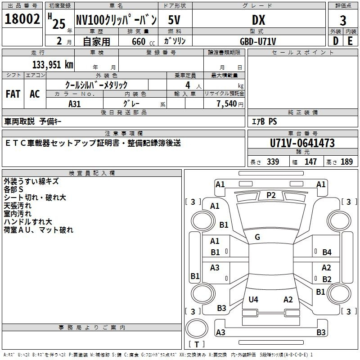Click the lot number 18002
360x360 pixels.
[x=22, y=19]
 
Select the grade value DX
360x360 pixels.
[x=258, y=20]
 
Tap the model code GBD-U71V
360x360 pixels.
[x=258, y=41]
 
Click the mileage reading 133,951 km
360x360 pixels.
[x=53, y=64]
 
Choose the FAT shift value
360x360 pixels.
[x=13, y=94]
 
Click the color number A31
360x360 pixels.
[x=74, y=104]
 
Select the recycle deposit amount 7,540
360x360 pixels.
[x=227, y=103]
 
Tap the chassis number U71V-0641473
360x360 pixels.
[x=302, y=143]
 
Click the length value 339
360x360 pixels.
[x=273, y=162]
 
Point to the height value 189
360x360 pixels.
[x=346, y=162]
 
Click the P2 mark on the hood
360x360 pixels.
[x=271, y=195]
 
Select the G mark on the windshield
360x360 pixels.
[x=257, y=237]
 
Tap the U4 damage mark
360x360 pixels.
[x=253, y=299]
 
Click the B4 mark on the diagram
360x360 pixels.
[x=327, y=252]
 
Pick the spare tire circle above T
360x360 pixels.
[x=197, y=328]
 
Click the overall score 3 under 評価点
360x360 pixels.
[x=343, y=21]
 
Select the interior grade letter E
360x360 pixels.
[x=350, y=41]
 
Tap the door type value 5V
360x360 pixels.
[x=174, y=20]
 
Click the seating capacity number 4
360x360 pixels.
[x=188, y=85]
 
